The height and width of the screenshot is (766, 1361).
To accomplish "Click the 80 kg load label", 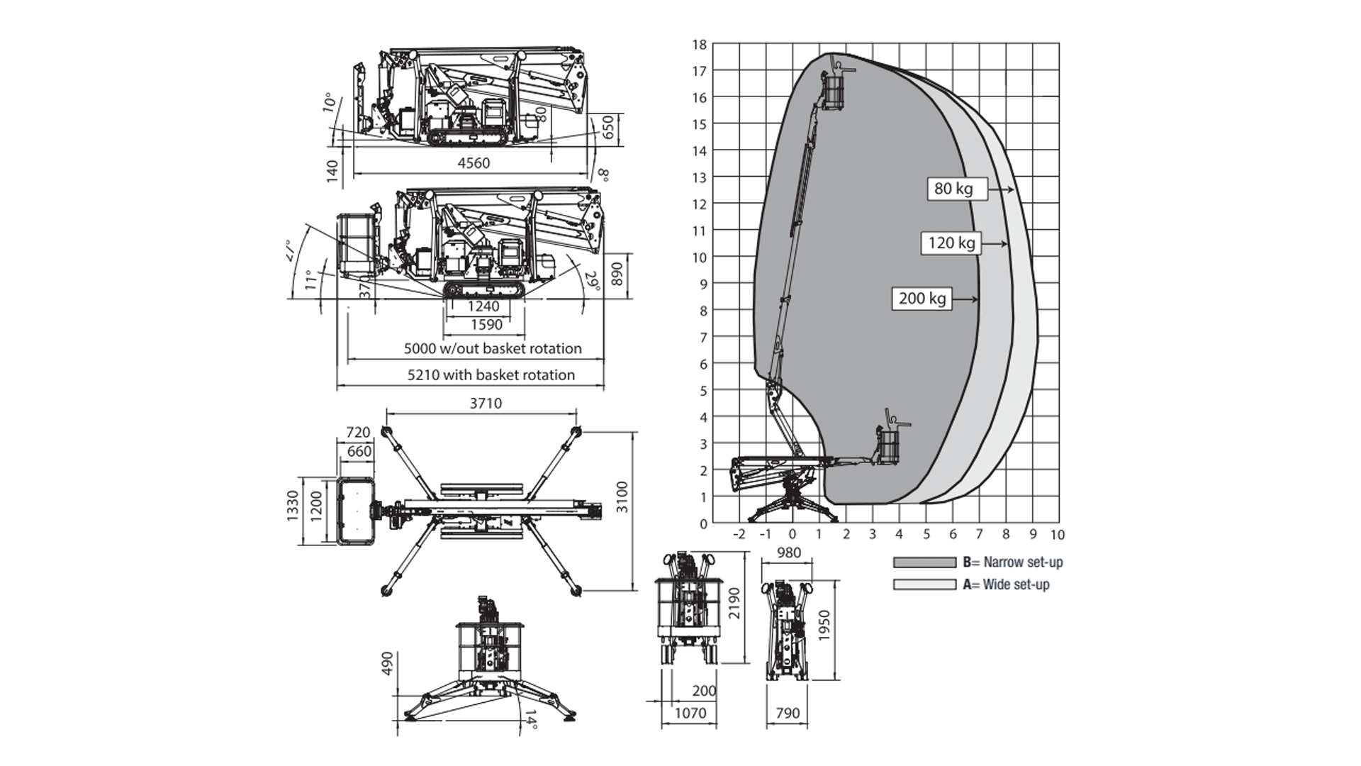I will (x=953, y=189).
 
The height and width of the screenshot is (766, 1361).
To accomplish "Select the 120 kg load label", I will (x=951, y=243).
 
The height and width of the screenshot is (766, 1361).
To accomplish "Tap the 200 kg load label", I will (x=922, y=299).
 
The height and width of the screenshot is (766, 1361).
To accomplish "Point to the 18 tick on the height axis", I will (x=700, y=45).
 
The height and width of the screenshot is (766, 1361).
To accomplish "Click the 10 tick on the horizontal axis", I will (x=1058, y=535).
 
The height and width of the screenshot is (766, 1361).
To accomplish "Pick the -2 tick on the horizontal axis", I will (x=739, y=535).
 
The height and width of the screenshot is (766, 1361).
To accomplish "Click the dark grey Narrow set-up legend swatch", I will (x=924, y=562).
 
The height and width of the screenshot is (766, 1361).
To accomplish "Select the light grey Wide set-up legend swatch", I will (x=924, y=584).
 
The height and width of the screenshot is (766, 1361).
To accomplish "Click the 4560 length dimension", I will (x=474, y=163).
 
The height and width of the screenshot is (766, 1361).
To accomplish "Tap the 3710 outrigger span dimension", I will (x=486, y=404).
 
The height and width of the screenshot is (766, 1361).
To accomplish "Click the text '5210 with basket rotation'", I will (x=491, y=374).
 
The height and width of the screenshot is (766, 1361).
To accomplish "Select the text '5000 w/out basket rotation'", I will (x=493, y=348).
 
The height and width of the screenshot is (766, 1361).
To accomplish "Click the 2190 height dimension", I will (x=734, y=603).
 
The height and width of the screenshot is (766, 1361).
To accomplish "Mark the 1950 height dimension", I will (x=824, y=625).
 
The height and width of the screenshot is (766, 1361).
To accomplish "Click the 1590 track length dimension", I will (x=486, y=325).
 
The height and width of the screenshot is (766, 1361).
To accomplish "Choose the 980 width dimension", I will (x=788, y=553).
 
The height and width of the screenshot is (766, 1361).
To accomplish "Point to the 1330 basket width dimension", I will (x=293, y=504).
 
